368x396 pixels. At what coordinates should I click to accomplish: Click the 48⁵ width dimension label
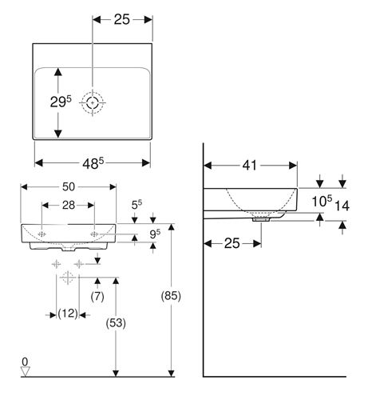click(93, 163)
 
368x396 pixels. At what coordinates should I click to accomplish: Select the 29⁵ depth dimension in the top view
click(61, 102)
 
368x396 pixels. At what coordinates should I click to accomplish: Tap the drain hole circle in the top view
click(93, 102)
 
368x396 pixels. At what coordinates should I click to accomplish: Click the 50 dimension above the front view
click(69, 186)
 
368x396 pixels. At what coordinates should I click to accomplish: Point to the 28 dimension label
click(69, 205)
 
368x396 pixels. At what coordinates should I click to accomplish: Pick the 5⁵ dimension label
click(137, 204)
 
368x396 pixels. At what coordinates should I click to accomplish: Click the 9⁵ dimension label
click(155, 234)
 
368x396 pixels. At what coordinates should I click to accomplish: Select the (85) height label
click(171, 296)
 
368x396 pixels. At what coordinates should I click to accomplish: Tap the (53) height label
click(116, 323)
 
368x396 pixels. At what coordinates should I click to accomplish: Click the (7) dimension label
click(97, 297)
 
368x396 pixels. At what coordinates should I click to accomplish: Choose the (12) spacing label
click(68, 314)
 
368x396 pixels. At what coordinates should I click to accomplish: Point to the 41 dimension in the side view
click(250, 166)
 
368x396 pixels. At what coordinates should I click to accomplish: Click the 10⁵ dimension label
click(322, 201)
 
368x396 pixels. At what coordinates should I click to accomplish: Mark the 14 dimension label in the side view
click(342, 206)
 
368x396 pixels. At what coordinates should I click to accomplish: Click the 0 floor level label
click(25, 362)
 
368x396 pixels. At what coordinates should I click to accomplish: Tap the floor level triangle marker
click(26, 372)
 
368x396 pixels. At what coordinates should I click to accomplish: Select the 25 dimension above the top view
click(122, 19)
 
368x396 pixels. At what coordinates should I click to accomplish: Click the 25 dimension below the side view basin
click(232, 243)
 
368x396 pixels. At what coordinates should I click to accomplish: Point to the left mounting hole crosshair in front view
click(42, 234)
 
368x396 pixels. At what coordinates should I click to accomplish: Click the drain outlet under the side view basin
click(261, 219)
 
